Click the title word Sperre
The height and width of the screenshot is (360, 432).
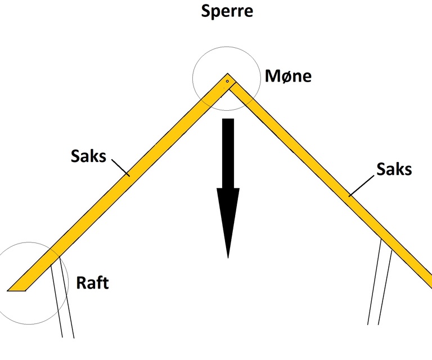click(227, 12)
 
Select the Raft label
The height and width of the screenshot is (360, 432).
click(92, 282)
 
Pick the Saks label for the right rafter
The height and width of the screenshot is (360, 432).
click(394, 168)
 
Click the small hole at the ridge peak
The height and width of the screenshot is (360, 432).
click(227, 82)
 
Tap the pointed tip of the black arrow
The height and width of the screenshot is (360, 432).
click(228, 256)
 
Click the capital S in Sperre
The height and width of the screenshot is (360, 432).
click(207, 12)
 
